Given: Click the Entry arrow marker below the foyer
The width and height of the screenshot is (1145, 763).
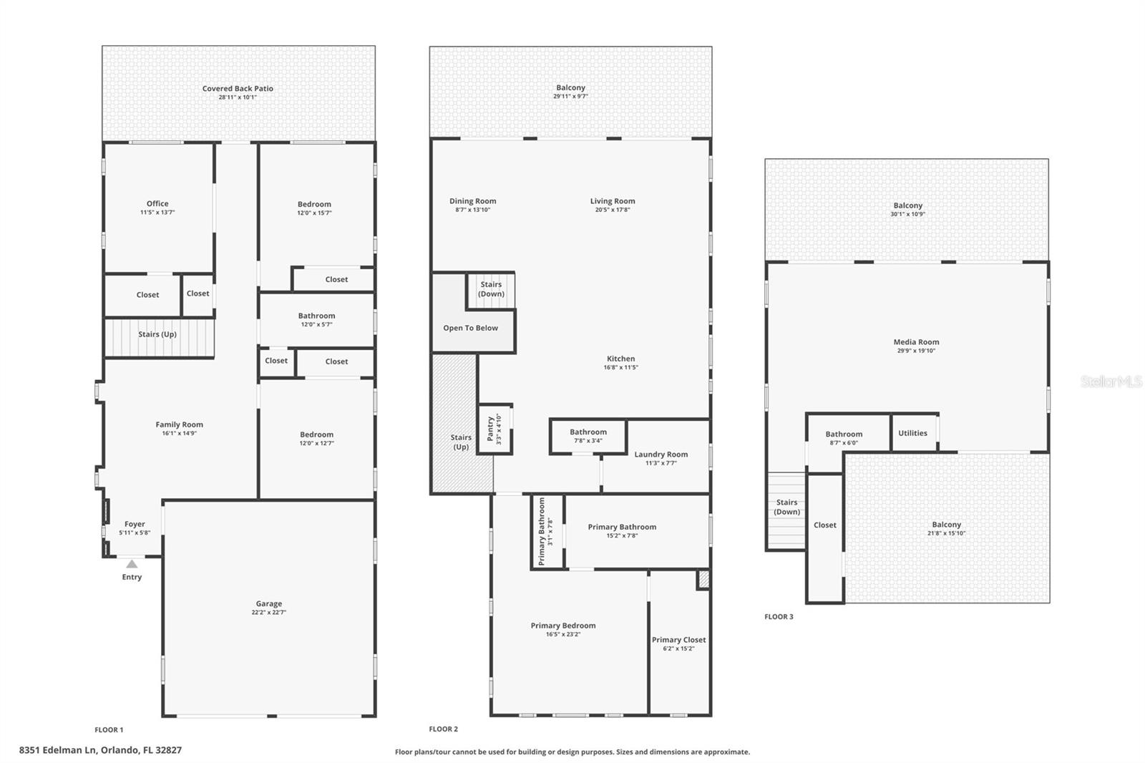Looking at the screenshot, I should click(132, 564).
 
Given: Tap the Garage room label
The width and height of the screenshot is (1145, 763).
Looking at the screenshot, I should click(268, 603).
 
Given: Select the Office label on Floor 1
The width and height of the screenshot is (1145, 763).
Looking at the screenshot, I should click(157, 203).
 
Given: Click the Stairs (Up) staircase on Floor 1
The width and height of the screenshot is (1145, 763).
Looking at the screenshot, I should click(158, 335).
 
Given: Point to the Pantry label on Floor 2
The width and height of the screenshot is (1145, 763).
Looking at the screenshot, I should click(491, 428).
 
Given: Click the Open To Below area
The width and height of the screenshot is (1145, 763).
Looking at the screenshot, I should click(470, 328).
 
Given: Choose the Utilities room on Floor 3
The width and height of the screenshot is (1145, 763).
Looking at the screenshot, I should click(912, 433).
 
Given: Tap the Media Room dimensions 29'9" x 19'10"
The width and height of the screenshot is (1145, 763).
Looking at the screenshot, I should click(916, 351).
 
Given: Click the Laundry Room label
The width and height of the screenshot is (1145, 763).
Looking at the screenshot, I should click(661, 454).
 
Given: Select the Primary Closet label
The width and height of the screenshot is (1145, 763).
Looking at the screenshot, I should click(678, 640).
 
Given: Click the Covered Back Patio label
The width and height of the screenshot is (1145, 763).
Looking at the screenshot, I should click(238, 89).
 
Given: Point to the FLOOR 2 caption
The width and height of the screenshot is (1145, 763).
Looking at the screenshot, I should click(443, 729).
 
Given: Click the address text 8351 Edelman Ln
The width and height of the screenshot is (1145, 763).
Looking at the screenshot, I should click(100, 750).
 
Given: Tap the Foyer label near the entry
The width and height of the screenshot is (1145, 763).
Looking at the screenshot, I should click(135, 524).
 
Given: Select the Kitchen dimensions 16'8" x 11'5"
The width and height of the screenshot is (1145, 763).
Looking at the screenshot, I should click(620, 367).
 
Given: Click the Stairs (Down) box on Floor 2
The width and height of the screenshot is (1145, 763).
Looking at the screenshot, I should click(491, 289).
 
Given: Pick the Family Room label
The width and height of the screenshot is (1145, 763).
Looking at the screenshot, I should click(179, 424).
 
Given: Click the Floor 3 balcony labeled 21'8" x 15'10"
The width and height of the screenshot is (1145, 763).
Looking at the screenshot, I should click(946, 528).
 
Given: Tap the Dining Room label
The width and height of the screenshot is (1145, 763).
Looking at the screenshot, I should click(472, 201).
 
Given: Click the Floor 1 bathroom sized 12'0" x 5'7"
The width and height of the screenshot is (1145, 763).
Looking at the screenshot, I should click(316, 319).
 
